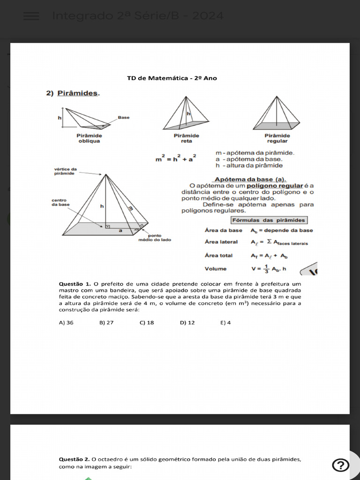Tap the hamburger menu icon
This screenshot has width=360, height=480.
coord(31,16)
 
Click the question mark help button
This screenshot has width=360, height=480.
coord(340,465)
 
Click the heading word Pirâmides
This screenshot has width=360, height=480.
coord(78,93)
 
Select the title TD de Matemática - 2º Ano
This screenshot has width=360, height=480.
coord(172,78)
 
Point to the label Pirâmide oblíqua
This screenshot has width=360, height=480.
coord(89,138)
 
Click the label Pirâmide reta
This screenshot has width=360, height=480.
coord(187,138)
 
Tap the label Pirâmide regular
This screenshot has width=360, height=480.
coord(277,138)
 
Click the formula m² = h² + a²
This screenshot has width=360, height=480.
coord(176,159)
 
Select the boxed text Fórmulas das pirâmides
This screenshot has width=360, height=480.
coord(269,220)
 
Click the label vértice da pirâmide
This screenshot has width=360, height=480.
coord(65,172)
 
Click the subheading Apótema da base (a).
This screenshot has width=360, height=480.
coord(250,179)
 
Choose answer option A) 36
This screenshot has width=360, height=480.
coord(66,322)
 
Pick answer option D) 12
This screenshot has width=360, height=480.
coord(187,322)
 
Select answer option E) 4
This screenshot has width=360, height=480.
coord(225,322)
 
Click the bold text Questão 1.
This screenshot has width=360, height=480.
coord(75,284)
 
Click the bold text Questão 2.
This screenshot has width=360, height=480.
coord(75,459)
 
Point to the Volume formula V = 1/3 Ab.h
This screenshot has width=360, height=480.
coord(269,269)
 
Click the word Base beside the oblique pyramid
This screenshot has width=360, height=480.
coord(124,118)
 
